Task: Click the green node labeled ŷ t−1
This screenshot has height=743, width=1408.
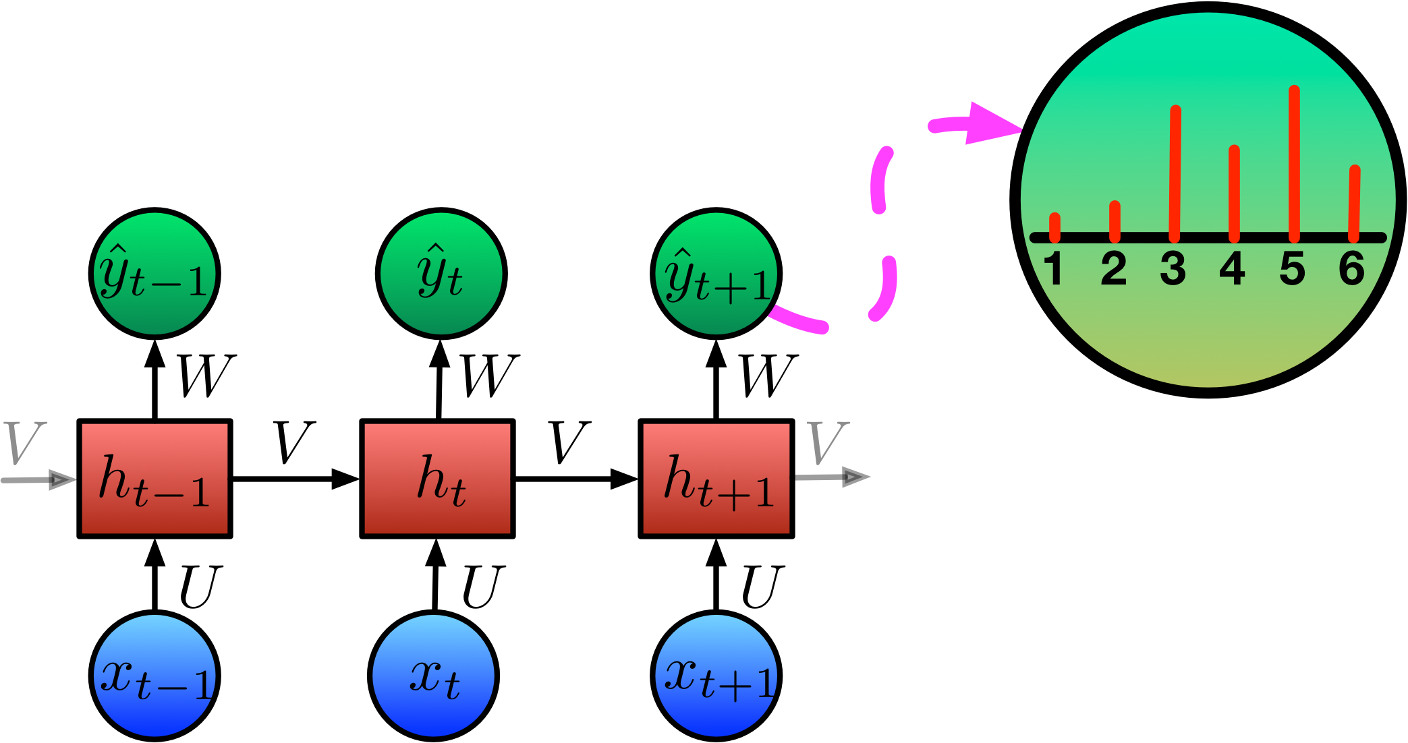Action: (154, 274)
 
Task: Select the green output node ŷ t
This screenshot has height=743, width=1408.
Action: (441, 274)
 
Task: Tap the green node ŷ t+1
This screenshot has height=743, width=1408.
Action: (716, 274)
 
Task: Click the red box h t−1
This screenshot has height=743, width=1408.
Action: (154, 479)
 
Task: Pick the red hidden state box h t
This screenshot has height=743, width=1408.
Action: (437, 479)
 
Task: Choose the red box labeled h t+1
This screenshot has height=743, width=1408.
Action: (716, 479)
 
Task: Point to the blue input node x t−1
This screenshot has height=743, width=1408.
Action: (154, 676)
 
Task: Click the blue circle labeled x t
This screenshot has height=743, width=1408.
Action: (433, 676)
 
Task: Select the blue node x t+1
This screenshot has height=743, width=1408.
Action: (716, 676)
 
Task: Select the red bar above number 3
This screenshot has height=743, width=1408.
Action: (1175, 172)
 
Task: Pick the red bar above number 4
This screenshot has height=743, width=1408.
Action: (1234, 192)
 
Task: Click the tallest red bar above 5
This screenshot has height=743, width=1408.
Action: (1294, 162)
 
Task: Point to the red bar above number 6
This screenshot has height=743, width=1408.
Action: (1354, 202)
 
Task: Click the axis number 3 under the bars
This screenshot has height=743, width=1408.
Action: (1173, 268)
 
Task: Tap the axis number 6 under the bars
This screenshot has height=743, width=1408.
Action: (1352, 268)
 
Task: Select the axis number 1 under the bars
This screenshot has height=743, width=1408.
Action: (1054, 268)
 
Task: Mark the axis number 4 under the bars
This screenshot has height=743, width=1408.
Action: (1233, 268)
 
